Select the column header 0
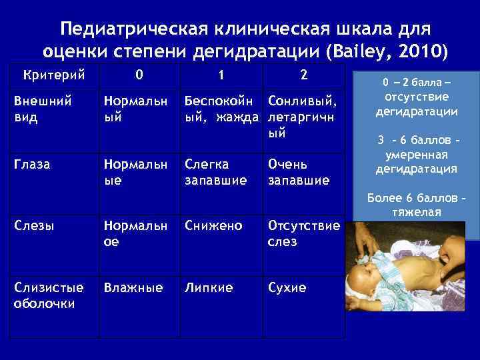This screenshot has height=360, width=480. pyautogui.click(x=139, y=75)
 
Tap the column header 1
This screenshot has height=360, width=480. pyautogui.click(x=221, y=75)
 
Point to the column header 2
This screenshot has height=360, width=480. pyautogui.click(x=303, y=75)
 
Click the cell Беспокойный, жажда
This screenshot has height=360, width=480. pyautogui.click(x=219, y=108)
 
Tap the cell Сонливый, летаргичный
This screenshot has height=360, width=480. pyautogui.click(x=303, y=116)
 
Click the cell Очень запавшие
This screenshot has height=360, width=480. pyautogui.click(x=299, y=172)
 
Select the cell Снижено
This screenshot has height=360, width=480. pyautogui.click(x=213, y=225)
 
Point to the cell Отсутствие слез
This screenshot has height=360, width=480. pyautogui.click(x=303, y=233)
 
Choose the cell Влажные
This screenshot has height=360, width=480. pyautogui.click(x=132, y=288)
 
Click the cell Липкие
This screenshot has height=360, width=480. pyautogui.click(x=209, y=288)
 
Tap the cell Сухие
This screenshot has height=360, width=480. pyautogui.click(x=287, y=288)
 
